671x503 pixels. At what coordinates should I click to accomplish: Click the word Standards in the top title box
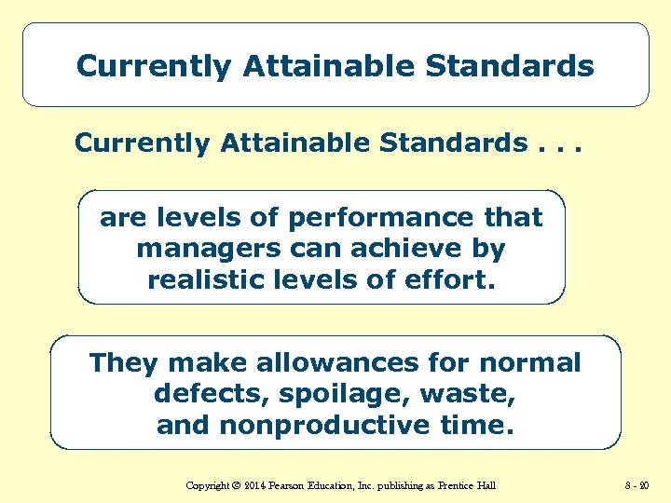tap(510, 66)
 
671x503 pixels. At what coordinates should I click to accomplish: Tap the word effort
tap(452, 279)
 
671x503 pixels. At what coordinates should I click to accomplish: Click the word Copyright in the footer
tap(209, 485)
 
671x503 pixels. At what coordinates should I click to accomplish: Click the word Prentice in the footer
tap(456, 485)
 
